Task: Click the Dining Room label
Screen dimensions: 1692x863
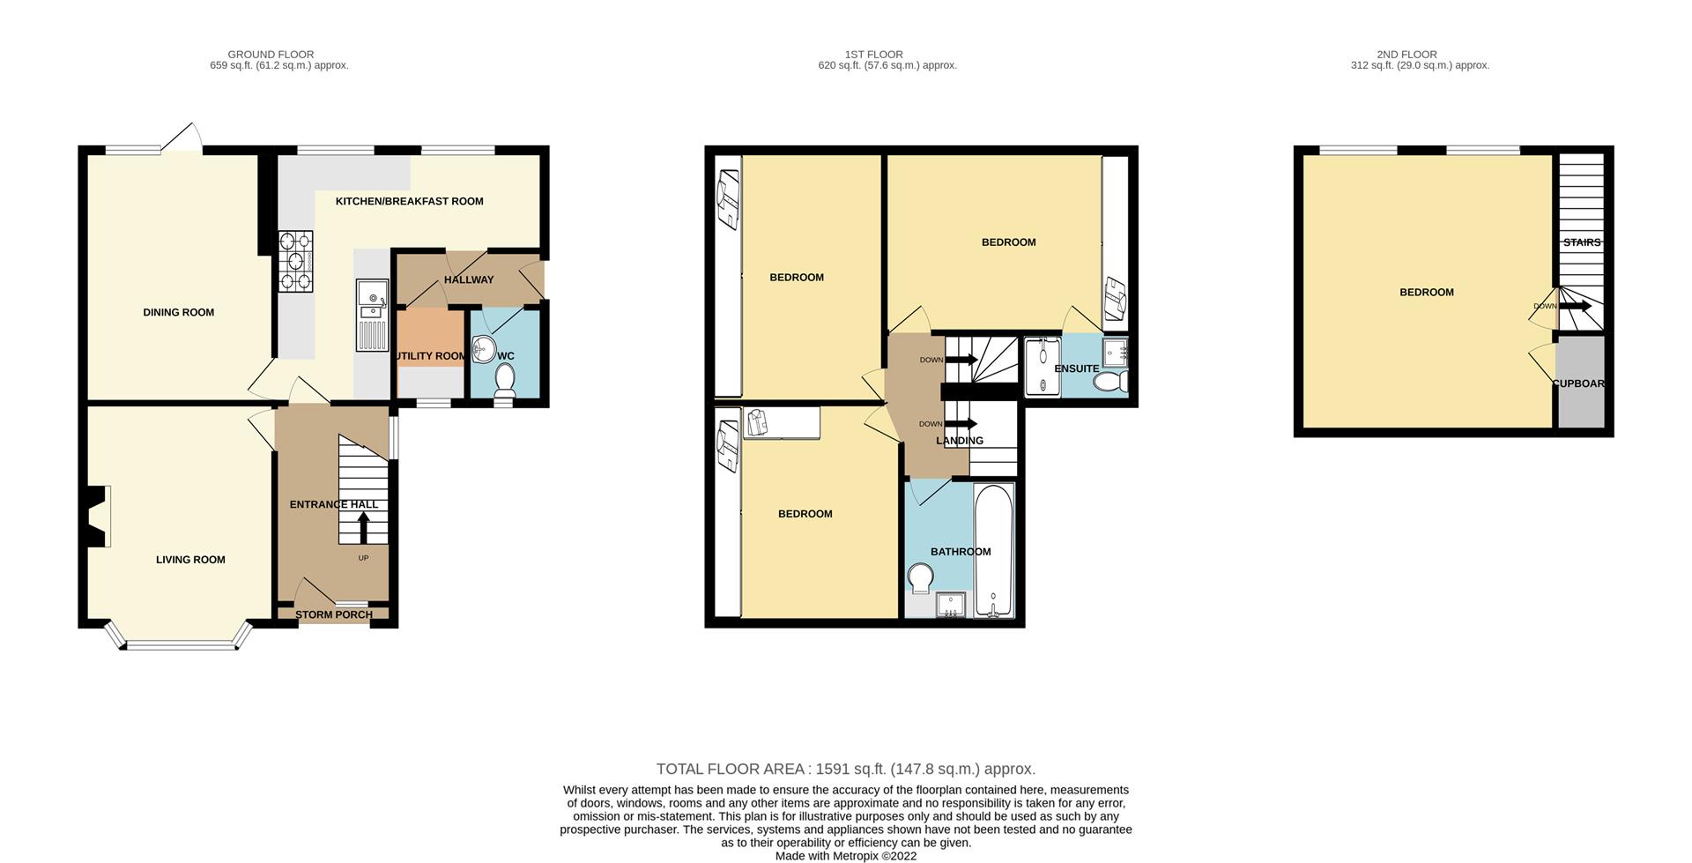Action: tap(179, 312)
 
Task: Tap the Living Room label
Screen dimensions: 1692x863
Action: tap(190, 560)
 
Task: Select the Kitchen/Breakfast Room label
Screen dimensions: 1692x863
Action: tap(410, 201)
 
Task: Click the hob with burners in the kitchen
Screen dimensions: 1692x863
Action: tap(296, 261)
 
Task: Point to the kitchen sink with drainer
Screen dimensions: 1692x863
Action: tap(372, 315)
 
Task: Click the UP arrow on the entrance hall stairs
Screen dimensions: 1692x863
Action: tap(363, 527)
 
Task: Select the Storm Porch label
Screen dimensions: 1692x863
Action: tap(334, 614)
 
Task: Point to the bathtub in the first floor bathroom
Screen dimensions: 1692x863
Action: tap(994, 551)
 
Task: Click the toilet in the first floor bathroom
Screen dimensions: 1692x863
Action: tap(920, 578)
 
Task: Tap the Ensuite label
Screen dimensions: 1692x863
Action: tap(1077, 368)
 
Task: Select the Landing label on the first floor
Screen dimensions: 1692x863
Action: tap(960, 441)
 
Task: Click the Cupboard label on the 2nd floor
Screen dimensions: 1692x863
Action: tap(1578, 383)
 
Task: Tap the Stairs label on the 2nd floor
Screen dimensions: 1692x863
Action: tap(1582, 242)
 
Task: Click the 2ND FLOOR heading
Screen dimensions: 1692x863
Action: tap(1406, 55)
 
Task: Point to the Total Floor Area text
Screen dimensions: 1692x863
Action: tap(846, 769)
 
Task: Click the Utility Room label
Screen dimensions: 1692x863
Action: tap(430, 356)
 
